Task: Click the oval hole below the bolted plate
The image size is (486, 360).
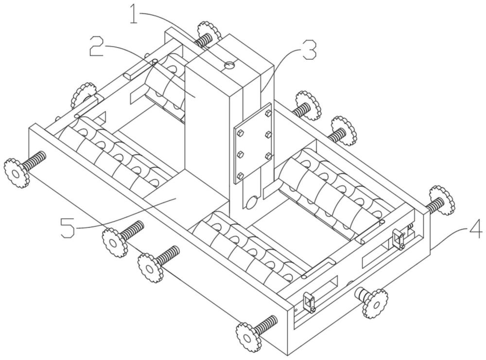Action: pos(252,201)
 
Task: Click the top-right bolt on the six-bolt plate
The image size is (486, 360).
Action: pos(268,112)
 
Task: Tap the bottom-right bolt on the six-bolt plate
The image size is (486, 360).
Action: pos(268,156)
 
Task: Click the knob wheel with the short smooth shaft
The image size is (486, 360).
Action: pos(375,302)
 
